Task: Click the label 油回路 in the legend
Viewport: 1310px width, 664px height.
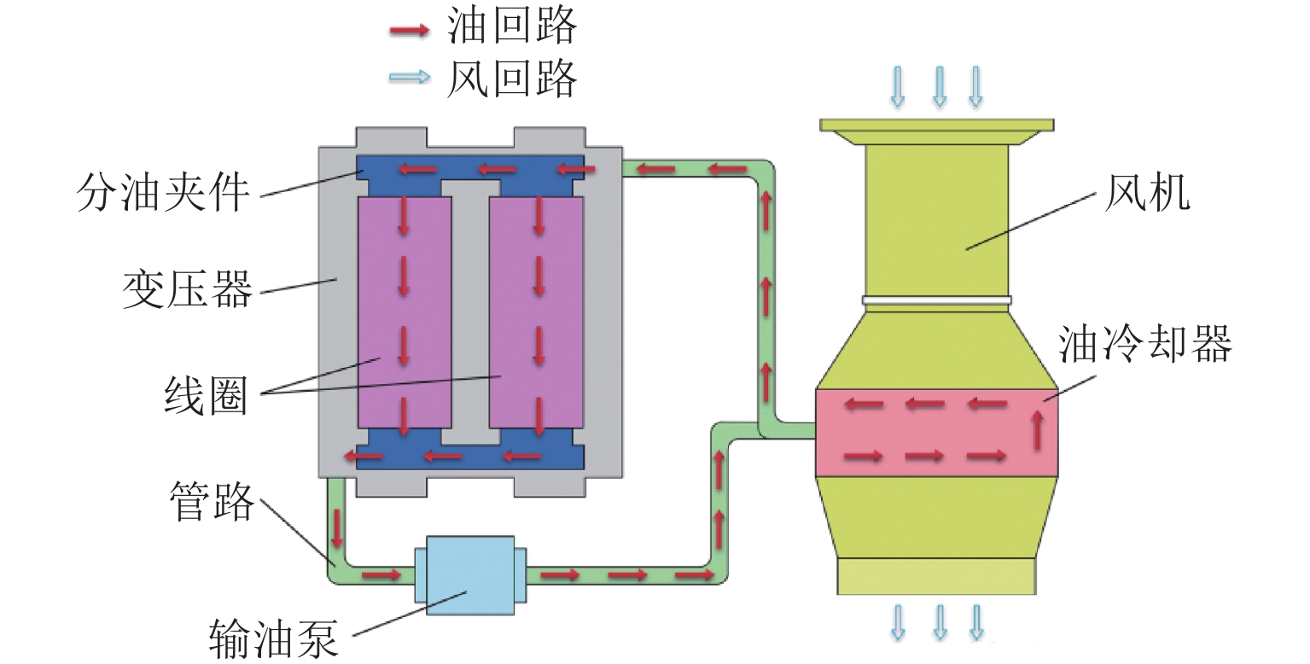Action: (511, 28)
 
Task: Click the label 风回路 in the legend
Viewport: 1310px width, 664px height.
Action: (511, 79)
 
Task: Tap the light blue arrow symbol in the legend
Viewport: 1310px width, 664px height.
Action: (409, 78)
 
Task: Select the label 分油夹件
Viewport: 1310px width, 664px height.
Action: (163, 193)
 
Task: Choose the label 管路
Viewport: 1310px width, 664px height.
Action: (212, 502)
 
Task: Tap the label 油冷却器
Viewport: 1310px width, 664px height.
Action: (1144, 346)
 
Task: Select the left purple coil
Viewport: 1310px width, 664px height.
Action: (405, 312)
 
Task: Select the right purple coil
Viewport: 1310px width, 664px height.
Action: (537, 312)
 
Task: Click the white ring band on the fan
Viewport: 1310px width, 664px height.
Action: (936, 300)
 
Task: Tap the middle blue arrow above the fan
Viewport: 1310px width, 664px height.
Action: (939, 86)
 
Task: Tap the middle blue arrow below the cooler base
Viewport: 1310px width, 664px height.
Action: (939, 622)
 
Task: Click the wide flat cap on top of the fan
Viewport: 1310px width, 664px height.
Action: (936, 125)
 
